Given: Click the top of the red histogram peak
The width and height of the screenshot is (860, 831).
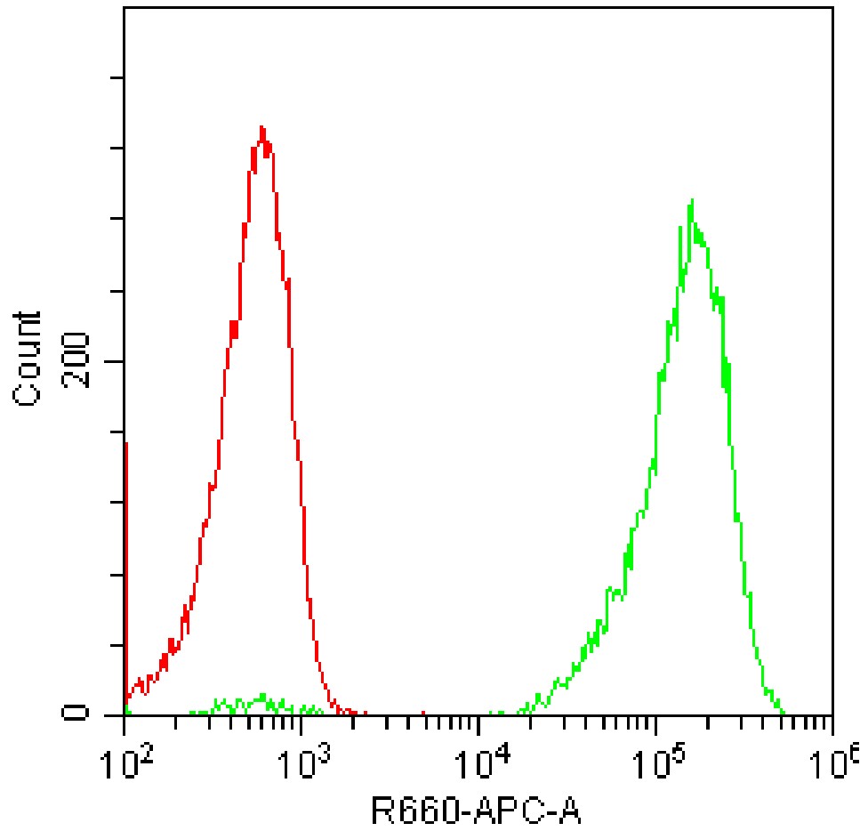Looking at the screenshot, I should point(261,128).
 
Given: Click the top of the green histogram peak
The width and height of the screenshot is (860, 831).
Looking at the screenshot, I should point(690,203).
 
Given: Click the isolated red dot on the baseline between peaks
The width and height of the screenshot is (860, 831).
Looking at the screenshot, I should point(422,713).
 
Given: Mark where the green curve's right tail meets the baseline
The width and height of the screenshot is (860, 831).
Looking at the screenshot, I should point(783,713).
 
